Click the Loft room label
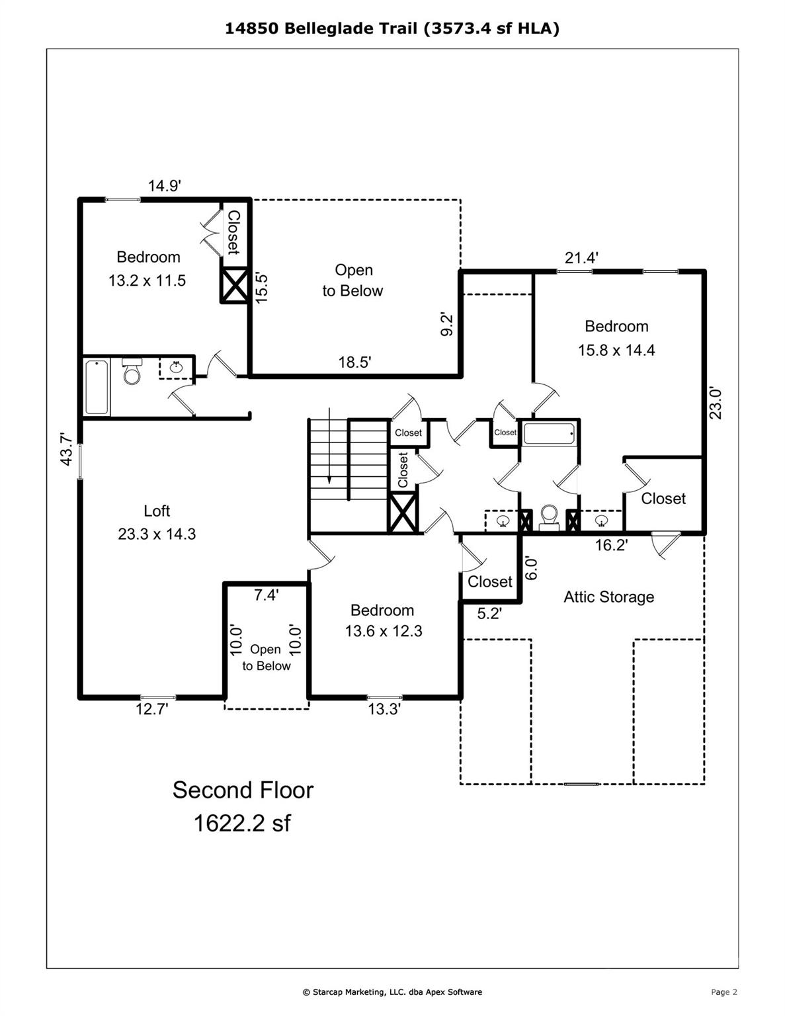(x=157, y=511)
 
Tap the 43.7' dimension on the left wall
(x=65, y=449)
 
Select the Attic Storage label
(x=608, y=597)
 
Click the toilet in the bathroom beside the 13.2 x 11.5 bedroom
(x=132, y=372)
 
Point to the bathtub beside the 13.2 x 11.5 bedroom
(x=97, y=387)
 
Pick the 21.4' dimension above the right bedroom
(x=581, y=257)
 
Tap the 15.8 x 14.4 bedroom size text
(x=616, y=350)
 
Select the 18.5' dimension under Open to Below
(x=354, y=362)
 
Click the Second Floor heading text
(x=243, y=790)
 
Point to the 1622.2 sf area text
(x=242, y=824)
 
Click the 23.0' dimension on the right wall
(x=716, y=403)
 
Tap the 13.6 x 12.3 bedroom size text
(x=383, y=631)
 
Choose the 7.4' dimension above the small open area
(x=266, y=595)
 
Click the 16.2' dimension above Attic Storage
(x=610, y=545)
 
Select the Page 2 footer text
(x=723, y=992)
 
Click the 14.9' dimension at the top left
(x=164, y=186)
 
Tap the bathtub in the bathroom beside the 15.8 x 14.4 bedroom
(x=548, y=435)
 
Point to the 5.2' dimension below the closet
(x=489, y=614)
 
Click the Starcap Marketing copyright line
(x=392, y=992)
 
